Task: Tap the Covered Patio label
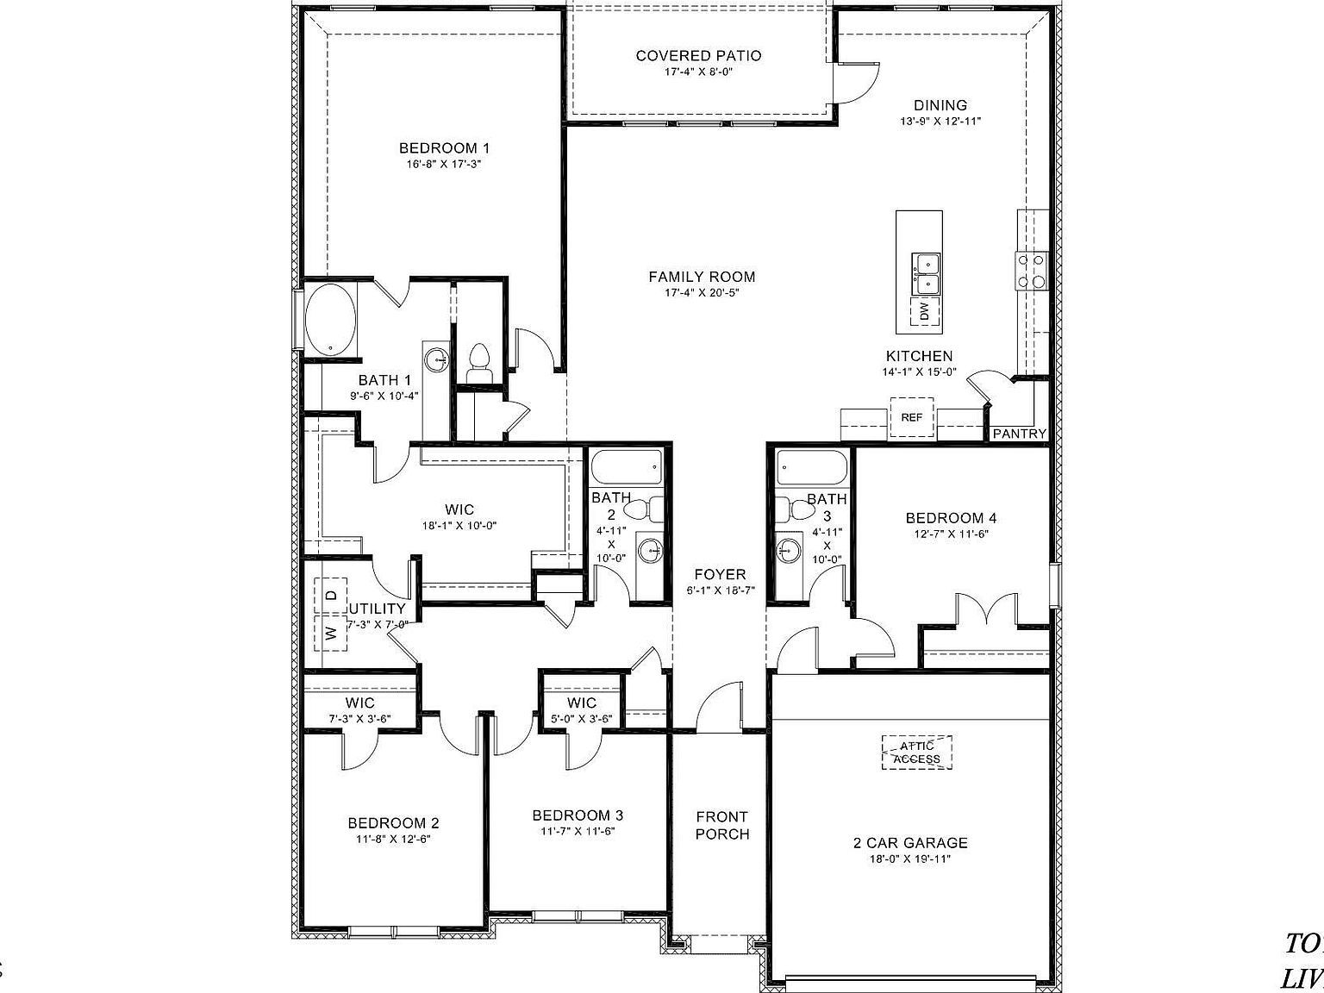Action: pyautogui.click(x=698, y=56)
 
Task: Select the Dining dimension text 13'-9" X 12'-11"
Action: pyautogui.click(x=940, y=122)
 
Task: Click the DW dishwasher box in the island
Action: pyautogui.click(x=923, y=311)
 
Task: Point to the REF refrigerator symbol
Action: pyautogui.click(x=912, y=417)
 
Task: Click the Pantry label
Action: pyautogui.click(x=1019, y=434)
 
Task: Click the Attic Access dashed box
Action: pyautogui.click(x=917, y=752)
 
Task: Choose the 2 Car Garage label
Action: pyautogui.click(x=910, y=843)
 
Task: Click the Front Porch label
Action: pyautogui.click(x=721, y=825)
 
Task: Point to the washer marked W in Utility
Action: pyautogui.click(x=330, y=634)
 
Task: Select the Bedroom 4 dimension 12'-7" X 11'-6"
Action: pyautogui.click(x=951, y=534)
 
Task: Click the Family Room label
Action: pyautogui.click(x=702, y=277)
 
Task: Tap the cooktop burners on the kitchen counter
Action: pyautogui.click(x=1031, y=270)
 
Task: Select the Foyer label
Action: pyautogui.click(x=721, y=575)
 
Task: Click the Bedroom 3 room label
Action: pyautogui.click(x=578, y=815)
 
